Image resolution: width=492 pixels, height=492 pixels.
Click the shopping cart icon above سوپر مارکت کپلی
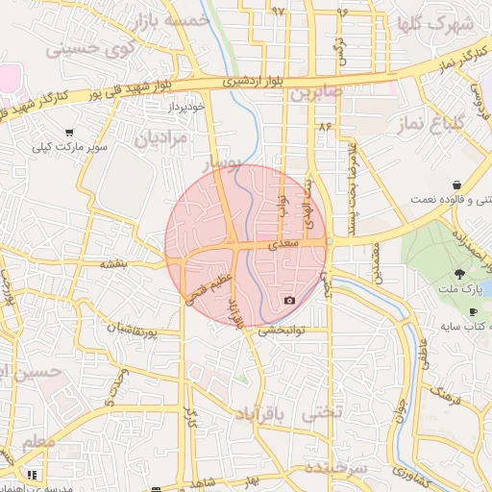[69, 132]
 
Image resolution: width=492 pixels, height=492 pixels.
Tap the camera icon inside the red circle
[289, 300]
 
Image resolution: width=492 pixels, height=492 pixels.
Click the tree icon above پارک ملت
[470, 275]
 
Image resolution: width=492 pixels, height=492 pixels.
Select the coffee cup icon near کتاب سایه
[473, 312]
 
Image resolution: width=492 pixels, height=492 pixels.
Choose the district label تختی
[321, 414]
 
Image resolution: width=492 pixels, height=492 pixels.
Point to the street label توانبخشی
[281, 330]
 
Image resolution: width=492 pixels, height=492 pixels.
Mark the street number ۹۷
[279, 12]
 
